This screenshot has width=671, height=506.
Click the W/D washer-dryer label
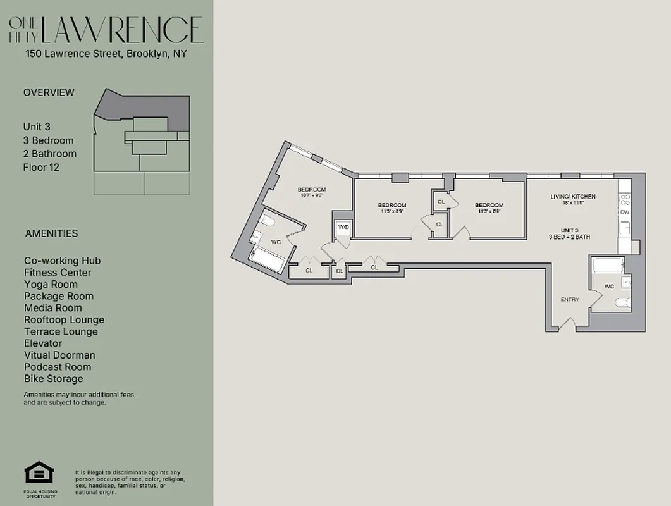(343, 226)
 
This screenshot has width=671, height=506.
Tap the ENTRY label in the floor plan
(570, 299)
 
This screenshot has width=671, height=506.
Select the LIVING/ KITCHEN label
(572, 197)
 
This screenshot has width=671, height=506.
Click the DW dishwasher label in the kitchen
(624, 212)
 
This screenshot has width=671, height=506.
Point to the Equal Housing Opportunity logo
(39, 474)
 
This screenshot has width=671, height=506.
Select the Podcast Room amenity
(58, 367)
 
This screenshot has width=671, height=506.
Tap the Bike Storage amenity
(54, 379)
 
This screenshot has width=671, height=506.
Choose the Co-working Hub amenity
(63, 261)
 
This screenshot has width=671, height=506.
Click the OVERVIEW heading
(49, 92)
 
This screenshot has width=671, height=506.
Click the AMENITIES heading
(52, 233)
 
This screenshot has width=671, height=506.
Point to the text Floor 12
(41, 168)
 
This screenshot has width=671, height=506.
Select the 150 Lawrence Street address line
(106, 54)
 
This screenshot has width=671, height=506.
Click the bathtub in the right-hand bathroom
(607, 264)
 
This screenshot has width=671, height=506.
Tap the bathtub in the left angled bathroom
(267, 259)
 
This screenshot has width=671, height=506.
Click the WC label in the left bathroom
(276, 242)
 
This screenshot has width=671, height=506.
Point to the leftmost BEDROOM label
(312, 190)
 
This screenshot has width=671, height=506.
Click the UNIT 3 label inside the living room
(569, 230)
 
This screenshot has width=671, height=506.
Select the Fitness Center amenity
(58, 273)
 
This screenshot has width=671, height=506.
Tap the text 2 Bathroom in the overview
(49, 154)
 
